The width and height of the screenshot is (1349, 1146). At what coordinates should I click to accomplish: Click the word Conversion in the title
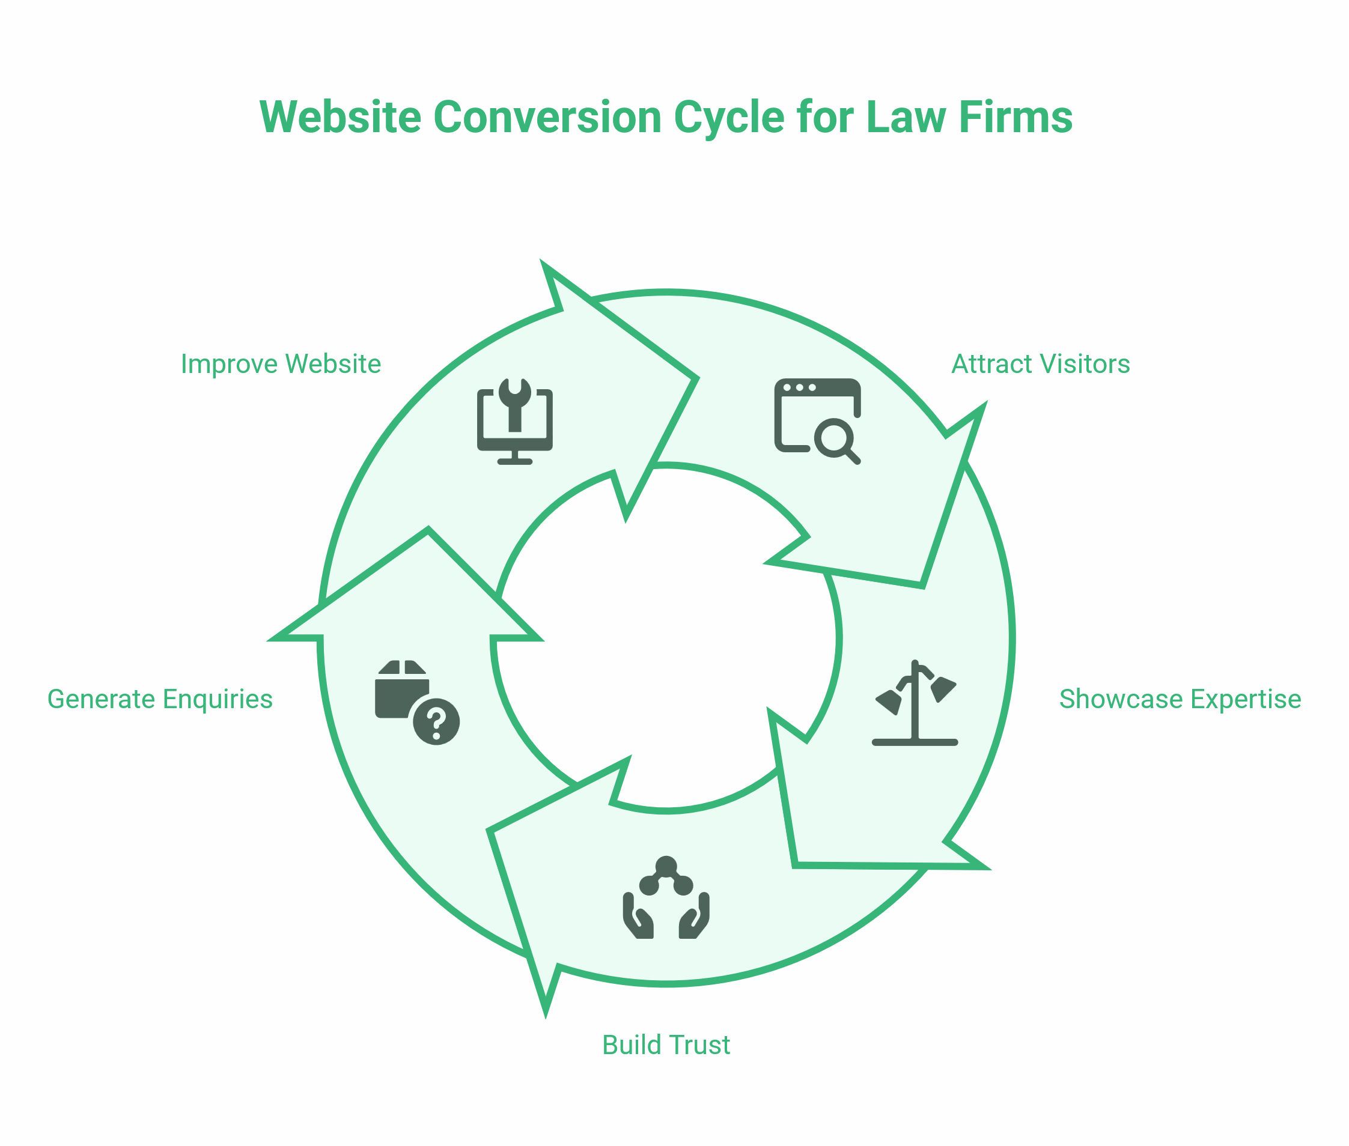(547, 118)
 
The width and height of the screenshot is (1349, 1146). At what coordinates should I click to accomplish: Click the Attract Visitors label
(1040, 365)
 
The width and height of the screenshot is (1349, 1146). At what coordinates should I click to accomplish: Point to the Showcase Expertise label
(1180, 700)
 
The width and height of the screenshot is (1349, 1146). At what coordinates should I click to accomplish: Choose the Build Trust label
(666, 1045)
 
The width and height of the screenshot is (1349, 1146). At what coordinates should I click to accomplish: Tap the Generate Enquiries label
(160, 700)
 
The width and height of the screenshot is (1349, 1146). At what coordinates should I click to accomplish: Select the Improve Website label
(281, 365)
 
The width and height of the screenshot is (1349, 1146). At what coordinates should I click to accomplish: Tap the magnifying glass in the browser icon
(835, 440)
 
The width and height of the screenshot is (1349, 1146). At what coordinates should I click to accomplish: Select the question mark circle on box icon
(436, 722)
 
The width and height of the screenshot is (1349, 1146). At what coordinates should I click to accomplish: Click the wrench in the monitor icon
(514, 404)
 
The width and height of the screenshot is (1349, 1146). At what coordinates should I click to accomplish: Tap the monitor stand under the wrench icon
(514, 458)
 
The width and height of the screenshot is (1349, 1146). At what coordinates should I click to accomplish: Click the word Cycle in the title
(728, 118)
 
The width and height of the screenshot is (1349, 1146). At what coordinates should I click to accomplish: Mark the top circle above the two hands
(666, 866)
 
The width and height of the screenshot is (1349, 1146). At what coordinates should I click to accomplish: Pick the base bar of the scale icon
(915, 742)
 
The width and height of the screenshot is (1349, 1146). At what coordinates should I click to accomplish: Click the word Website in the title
(340, 118)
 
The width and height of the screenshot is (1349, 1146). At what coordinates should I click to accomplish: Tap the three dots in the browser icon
(799, 388)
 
